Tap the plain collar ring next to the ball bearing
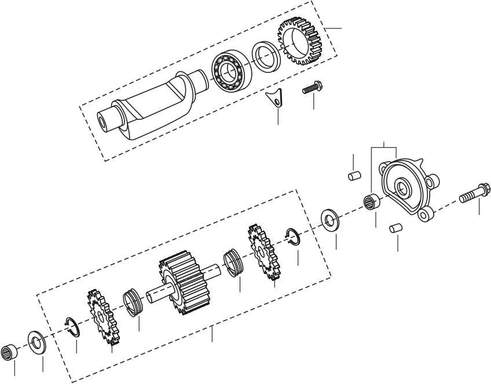(266, 56)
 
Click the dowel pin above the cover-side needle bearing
(354, 175)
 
